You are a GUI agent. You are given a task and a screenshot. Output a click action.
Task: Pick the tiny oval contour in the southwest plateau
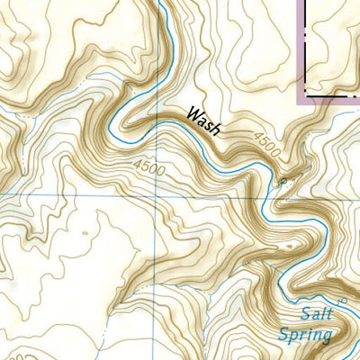(x=85, y=233)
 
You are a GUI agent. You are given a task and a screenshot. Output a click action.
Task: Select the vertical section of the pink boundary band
(x=301, y=45)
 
